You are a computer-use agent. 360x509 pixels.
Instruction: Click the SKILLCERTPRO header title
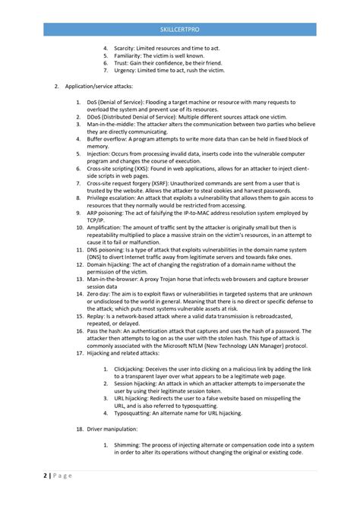click(180, 30)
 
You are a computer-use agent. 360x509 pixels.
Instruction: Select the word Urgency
click(125, 70)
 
